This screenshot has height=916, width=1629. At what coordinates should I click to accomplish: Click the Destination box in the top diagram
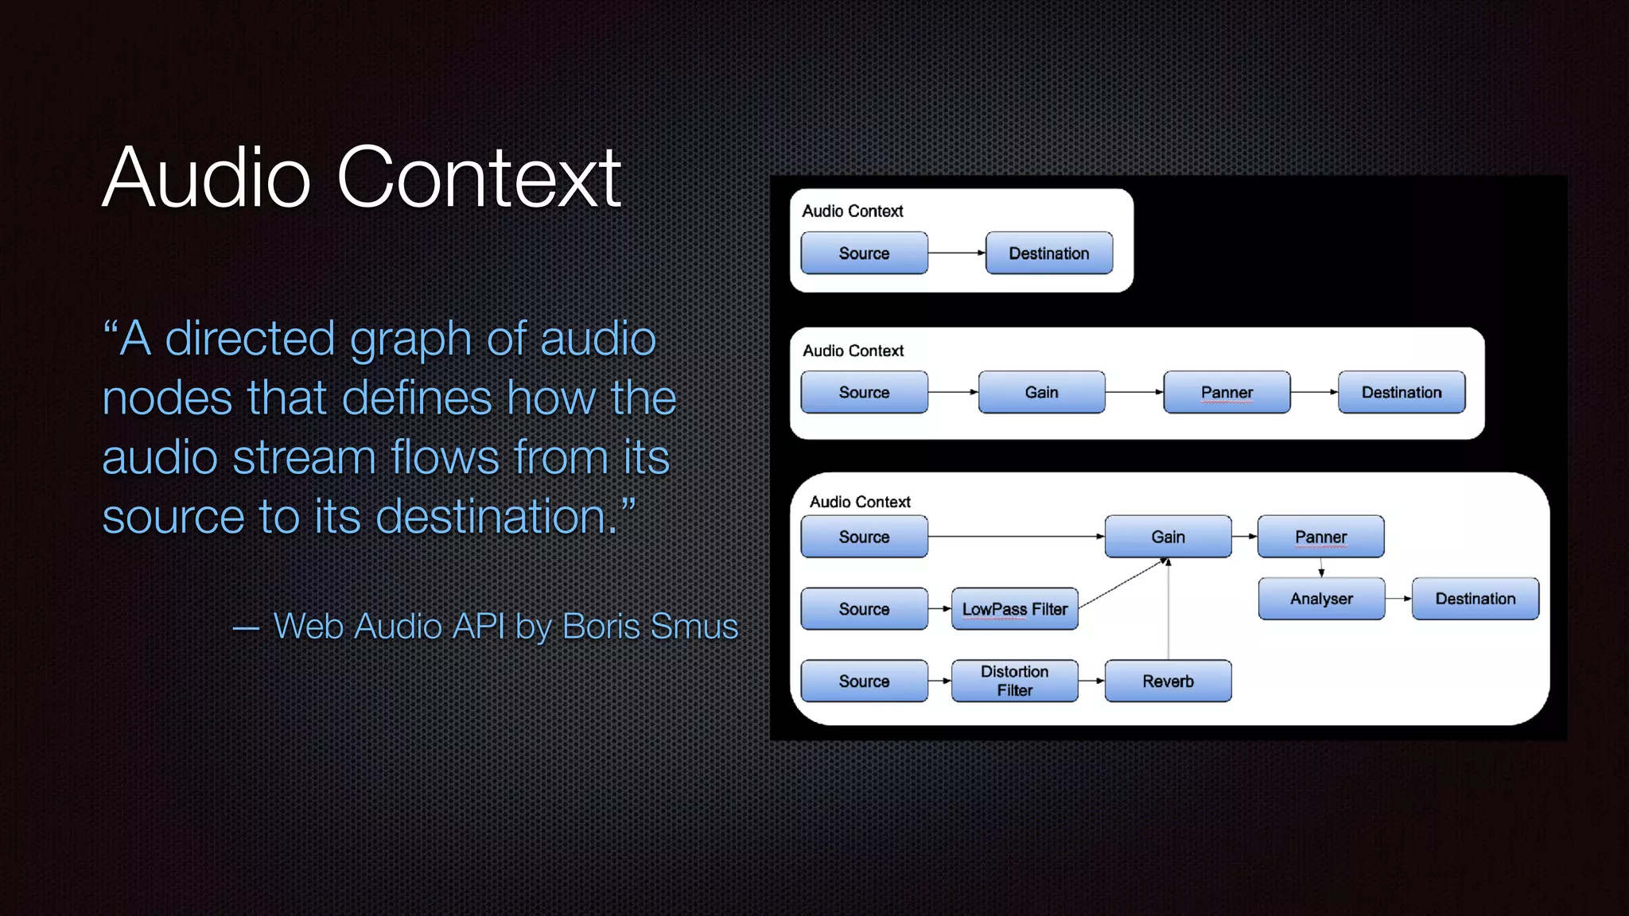pyautogui.click(x=1048, y=253)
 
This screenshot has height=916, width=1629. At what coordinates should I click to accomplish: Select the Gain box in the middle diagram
pyautogui.click(x=1041, y=392)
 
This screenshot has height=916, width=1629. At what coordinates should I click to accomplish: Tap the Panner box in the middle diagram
pyautogui.click(x=1227, y=392)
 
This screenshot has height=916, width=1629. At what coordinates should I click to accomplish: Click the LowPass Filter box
pyautogui.click(x=1014, y=609)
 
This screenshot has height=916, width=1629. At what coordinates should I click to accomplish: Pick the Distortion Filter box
pyautogui.click(x=1014, y=681)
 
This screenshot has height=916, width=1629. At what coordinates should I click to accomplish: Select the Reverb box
pyautogui.click(x=1168, y=681)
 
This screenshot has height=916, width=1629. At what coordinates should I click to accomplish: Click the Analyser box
pyautogui.click(x=1321, y=599)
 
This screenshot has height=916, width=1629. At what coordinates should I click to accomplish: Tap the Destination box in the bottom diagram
pyautogui.click(x=1475, y=599)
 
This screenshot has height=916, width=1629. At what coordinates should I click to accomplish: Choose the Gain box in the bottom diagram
pyautogui.click(x=1168, y=537)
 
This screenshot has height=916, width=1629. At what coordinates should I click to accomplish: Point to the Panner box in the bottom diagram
pyautogui.click(x=1320, y=537)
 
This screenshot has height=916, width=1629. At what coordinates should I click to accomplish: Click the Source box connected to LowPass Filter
pyautogui.click(x=864, y=609)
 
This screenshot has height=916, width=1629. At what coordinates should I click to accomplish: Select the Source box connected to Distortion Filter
pyautogui.click(x=864, y=681)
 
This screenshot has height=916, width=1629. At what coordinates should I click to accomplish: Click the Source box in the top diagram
pyautogui.click(x=864, y=253)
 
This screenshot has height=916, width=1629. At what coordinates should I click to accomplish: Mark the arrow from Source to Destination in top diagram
pyautogui.click(x=956, y=253)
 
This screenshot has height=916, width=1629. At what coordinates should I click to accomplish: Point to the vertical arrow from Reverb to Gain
pyautogui.click(x=1168, y=612)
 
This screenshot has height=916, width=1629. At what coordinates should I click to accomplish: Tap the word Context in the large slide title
pyautogui.click(x=478, y=178)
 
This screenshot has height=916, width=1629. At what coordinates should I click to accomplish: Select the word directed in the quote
pyautogui.click(x=250, y=339)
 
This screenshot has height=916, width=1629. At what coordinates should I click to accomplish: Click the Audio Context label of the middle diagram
pyautogui.click(x=853, y=351)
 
